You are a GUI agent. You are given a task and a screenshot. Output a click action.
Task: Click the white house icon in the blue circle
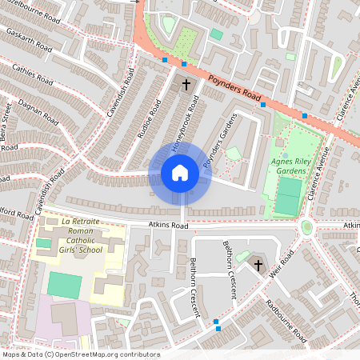[180, 173]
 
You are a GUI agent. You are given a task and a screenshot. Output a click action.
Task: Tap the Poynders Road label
[235, 89]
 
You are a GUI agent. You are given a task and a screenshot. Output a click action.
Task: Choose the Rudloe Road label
[150, 118]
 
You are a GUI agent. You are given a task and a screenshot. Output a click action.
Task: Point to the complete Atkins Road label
[167, 226]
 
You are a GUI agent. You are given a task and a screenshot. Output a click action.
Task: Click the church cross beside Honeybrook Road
[186, 83]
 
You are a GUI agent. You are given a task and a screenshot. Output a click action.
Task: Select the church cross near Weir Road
[258, 264]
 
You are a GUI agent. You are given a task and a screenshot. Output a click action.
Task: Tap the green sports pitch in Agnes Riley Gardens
[288, 196]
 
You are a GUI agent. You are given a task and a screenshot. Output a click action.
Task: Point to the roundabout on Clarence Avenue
[307, 227]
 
